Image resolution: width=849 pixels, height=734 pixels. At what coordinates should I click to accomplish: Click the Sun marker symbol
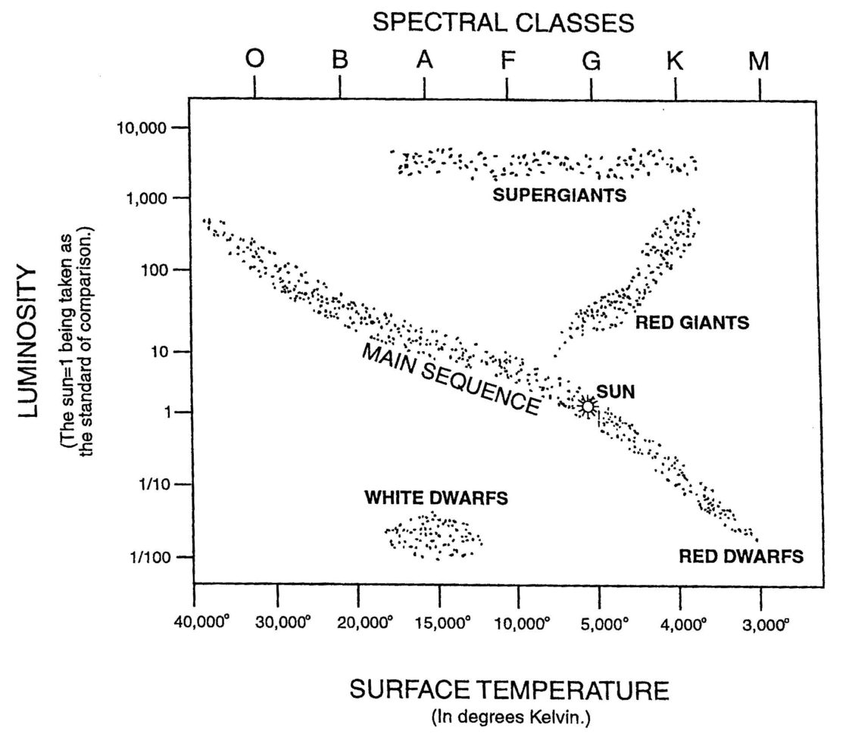(588, 406)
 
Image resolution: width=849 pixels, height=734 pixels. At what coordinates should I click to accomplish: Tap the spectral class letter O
(254, 61)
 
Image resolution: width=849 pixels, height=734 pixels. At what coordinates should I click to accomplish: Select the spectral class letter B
(340, 61)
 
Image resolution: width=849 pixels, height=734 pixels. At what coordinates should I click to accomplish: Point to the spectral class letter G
(591, 61)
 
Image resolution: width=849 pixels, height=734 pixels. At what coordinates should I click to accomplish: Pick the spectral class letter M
(760, 61)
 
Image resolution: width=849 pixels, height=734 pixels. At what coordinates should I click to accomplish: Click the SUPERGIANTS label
(560, 195)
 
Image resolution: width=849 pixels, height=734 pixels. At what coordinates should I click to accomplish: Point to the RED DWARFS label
(741, 557)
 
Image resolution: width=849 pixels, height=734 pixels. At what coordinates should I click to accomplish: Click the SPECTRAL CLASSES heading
(503, 23)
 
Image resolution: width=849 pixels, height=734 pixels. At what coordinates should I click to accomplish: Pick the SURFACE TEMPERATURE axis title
(509, 690)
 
